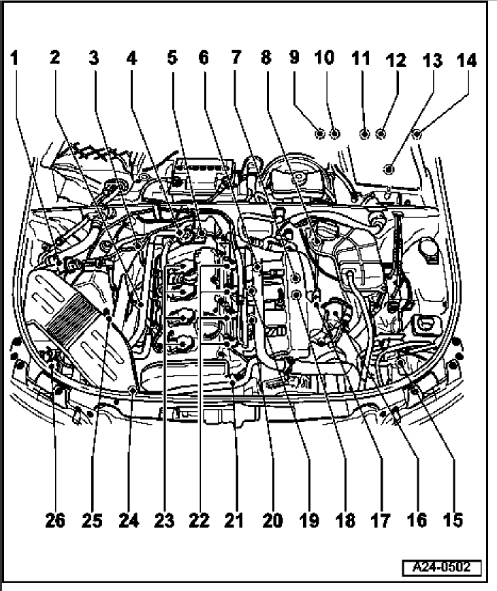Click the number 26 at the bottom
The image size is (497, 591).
tap(56, 521)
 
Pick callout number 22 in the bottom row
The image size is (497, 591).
tap(199, 521)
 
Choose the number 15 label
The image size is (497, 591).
tap(452, 521)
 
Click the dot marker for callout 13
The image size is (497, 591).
tap(389, 168)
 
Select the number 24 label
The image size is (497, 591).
tap(128, 521)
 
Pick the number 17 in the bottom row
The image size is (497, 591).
tap(381, 521)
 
